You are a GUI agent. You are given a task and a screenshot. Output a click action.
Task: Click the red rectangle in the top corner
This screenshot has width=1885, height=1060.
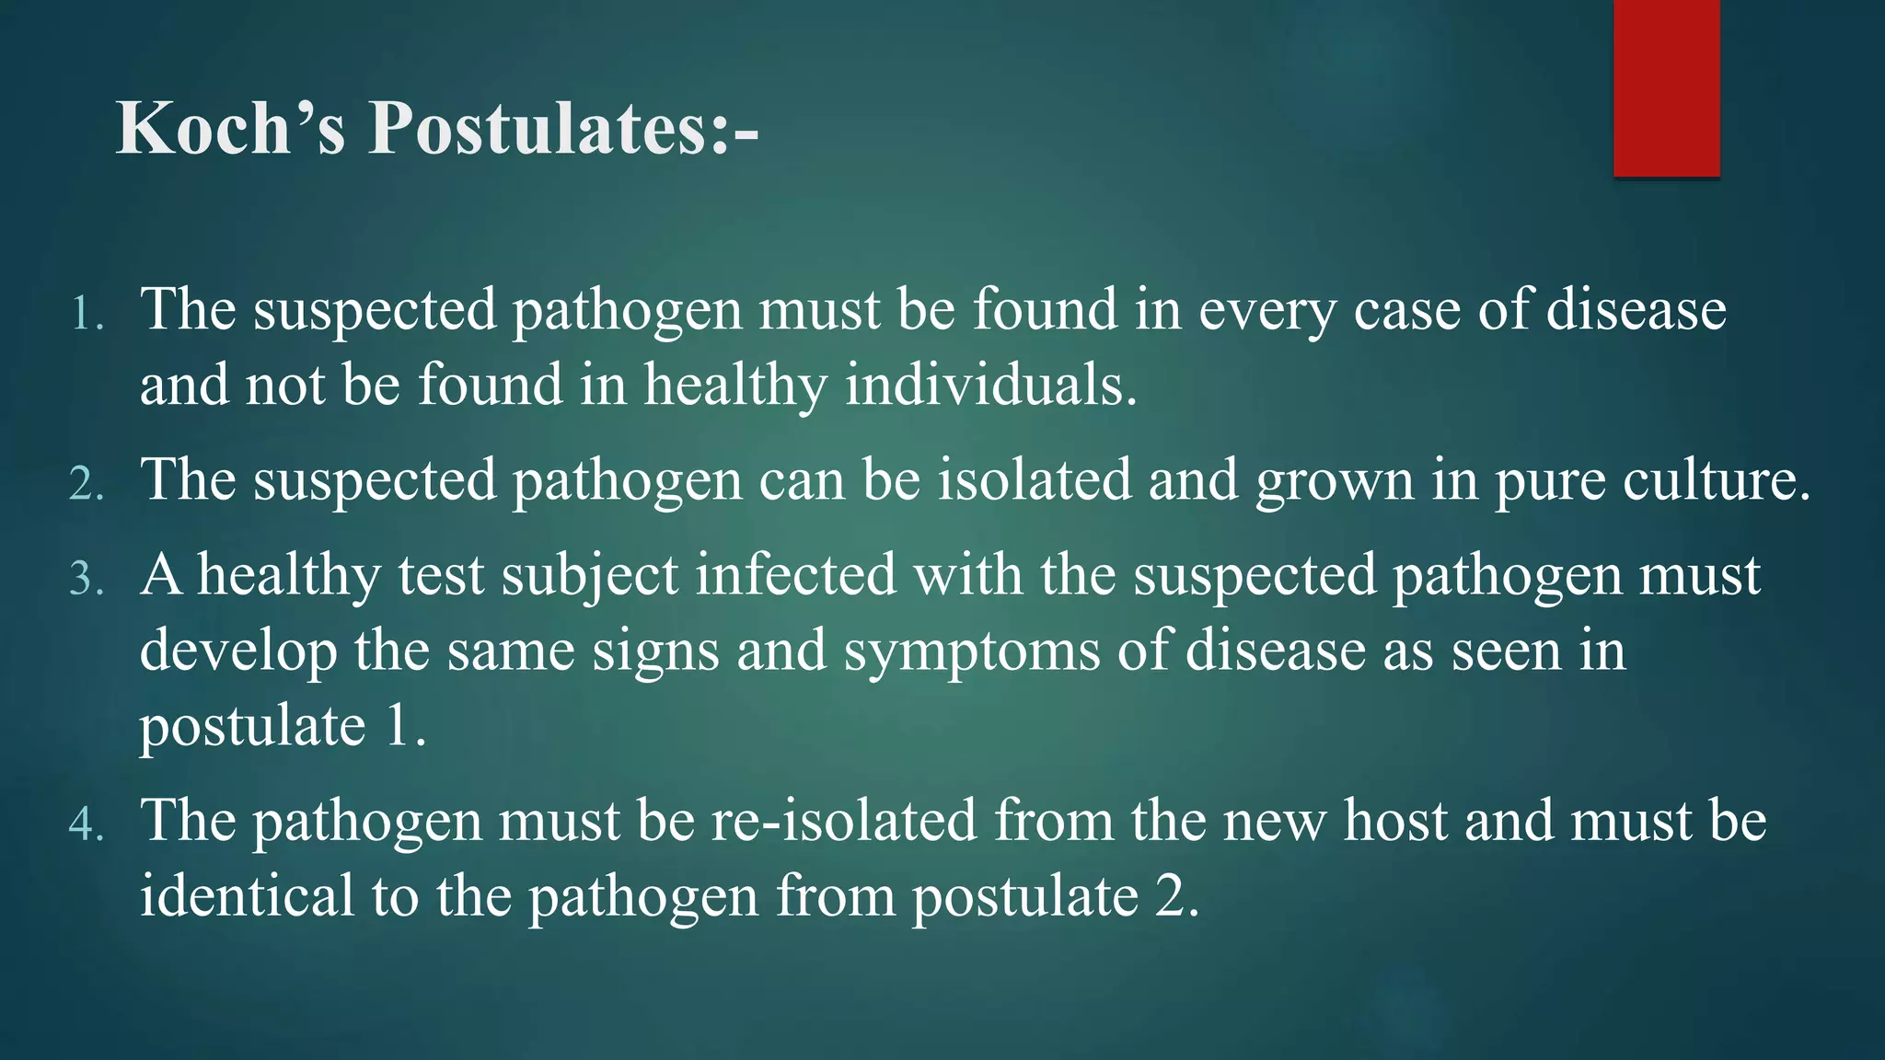[x=1666, y=88]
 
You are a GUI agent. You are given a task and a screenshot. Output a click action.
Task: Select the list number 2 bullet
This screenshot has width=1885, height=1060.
[x=87, y=484]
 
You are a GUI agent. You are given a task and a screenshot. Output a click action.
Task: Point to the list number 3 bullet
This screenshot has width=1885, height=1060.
[x=87, y=579]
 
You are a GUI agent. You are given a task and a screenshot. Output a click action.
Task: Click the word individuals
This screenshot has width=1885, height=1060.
[x=990, y=386]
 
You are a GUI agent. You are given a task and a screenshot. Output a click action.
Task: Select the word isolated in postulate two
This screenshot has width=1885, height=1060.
[x=1035, y=481]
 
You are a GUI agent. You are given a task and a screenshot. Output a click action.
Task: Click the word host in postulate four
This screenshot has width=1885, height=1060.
[x=1395, y=821]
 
